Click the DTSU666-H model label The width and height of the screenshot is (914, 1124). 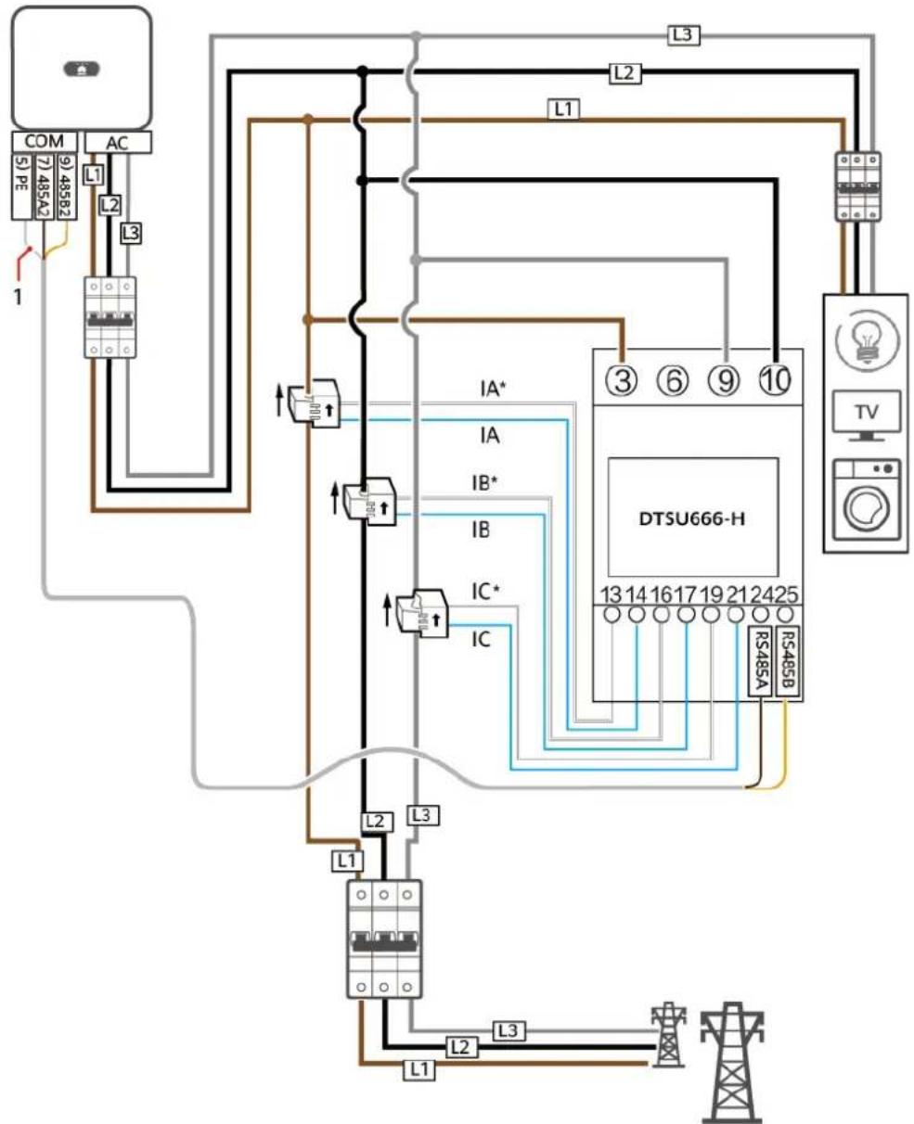coord(691,518)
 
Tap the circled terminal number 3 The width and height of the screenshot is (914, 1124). coord(623,380)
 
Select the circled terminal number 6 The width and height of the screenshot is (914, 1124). coord(674,380)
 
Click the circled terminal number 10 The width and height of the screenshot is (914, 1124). coord(775,380)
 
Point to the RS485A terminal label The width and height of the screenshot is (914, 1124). coord(760,661)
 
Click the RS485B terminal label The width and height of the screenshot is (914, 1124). coord(788,661)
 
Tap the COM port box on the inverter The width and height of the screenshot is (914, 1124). coord(45,141)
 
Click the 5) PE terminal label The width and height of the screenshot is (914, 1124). coord(22,186)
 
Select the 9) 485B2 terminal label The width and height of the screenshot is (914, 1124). coord(67,186)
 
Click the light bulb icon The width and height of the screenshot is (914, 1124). coord(867,340)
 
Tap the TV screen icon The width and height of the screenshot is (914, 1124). coord(867,415)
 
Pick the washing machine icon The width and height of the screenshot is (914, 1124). coord(867,500)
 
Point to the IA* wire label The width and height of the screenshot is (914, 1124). coord(493,389)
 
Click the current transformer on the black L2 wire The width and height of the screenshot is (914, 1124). coord(369,501)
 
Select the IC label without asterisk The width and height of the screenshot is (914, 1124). coord(481,640)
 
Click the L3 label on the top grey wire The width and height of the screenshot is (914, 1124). coord(684,35)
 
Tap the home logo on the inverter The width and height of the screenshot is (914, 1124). coord(82,69)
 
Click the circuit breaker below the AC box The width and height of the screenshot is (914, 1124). coord(109,317)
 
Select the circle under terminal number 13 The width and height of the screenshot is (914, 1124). coord(611,615)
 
